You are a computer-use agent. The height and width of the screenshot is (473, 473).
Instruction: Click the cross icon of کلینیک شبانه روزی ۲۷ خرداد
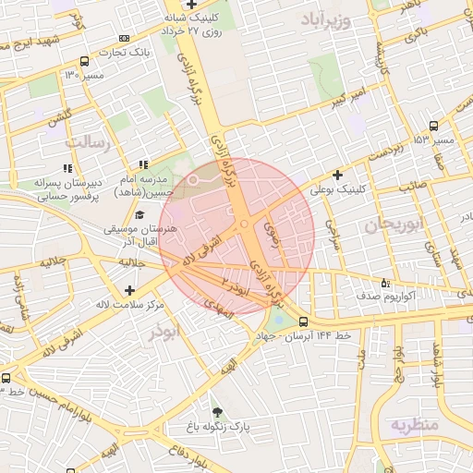[189, 6]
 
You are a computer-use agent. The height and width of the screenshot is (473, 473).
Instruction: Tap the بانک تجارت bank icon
[125, 39]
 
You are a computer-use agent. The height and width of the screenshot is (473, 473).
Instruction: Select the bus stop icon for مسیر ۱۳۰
[85, 62]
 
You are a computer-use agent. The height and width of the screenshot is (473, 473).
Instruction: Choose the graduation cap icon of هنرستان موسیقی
[141, 214]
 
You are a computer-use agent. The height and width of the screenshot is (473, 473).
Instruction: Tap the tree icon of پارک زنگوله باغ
[217, 412]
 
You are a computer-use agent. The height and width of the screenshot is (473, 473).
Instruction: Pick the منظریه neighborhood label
[412, 425]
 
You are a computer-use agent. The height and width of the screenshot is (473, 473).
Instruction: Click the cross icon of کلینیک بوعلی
[338, 174]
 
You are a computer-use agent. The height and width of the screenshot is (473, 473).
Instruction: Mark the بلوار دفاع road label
[186, 459]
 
